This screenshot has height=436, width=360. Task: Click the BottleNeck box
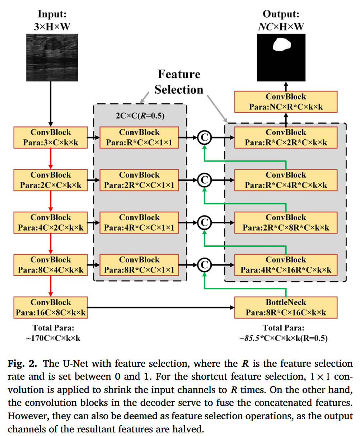pyautogui.click(x=286, y=307)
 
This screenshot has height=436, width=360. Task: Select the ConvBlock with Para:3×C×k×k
pyautogui.click(x=51, y=138)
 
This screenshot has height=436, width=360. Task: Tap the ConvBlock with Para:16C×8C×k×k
pyautogui.click(x=51, y=307)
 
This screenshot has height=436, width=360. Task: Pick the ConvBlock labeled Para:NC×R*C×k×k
pyautogui.click(x=286, y=102)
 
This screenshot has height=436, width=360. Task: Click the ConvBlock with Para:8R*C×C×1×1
pyautogui.click(x=139, y=265)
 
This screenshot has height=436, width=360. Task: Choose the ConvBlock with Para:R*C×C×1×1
pyautogui.click(x=139, y=138)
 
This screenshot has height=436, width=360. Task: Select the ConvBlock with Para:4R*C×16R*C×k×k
pyautogui.click(x=286, y=265)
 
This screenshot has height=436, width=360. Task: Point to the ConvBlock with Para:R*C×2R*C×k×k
pyautogui.click(x=286, y=138)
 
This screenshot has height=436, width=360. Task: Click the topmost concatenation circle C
pyautogui.click(x=204, y=137)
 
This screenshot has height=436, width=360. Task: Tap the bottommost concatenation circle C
pyautogui.click(x=204, y=265)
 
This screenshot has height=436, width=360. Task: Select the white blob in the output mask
pyautogui.click(x=281, y=45)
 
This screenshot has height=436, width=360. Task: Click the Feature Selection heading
pyautogui.click(x=179, y=82)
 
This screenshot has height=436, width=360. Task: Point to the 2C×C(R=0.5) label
pyautogui.click(x=140, y=116)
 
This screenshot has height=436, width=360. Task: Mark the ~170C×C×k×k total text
pyautogui.click(x=53, y=338)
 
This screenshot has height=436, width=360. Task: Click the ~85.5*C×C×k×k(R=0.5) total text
pyautogui.click(x=284, y=338)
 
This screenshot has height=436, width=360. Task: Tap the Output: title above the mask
pyautogui.click(x=281, y=14)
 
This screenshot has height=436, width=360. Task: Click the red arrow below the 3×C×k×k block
pyautogui.click(x=51, y=159)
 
